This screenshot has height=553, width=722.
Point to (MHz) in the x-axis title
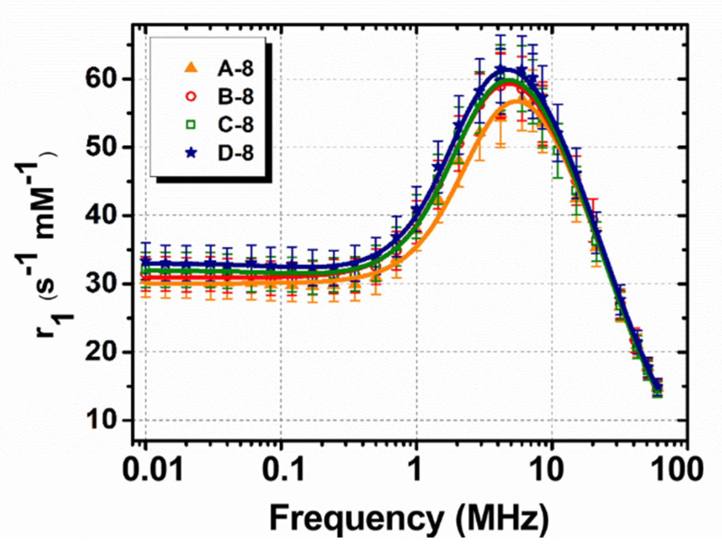503,518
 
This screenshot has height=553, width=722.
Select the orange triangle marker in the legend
191,68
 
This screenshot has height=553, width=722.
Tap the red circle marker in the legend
191,96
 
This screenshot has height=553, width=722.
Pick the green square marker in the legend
191,125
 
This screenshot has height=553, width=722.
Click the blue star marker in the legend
191,153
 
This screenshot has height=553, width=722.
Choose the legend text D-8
235,153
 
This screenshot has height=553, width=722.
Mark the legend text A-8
235,69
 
